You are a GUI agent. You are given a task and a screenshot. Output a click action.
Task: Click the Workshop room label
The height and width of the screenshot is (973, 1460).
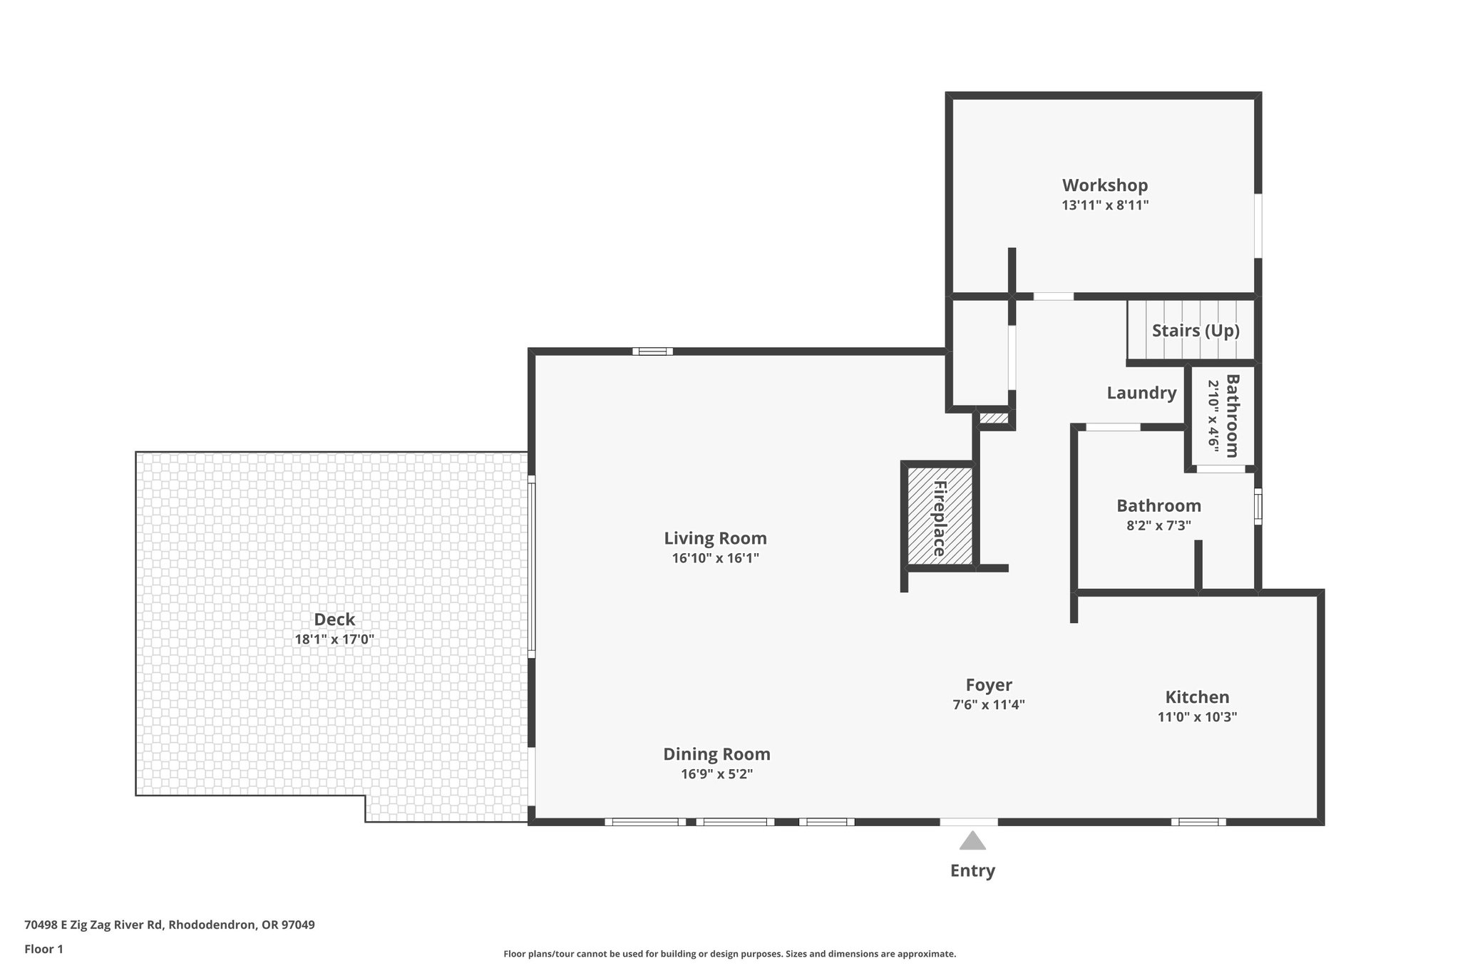[1104, 185]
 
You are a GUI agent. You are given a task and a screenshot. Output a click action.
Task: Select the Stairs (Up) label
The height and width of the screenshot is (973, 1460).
[1196, 331]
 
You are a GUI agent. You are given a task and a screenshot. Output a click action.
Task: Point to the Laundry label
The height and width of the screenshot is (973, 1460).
[1141, 393]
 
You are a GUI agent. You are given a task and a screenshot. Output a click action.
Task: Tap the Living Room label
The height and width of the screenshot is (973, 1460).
[715, 538]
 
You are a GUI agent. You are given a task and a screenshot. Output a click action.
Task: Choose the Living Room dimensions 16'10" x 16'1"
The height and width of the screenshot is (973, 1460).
[715, 558]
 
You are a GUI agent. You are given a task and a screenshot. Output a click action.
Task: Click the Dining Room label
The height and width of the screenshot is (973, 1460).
[716, 754]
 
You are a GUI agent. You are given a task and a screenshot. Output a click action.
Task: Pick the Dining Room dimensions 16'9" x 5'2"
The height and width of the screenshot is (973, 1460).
[716, 774]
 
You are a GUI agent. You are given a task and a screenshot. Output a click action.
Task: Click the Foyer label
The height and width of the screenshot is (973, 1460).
[989, 685]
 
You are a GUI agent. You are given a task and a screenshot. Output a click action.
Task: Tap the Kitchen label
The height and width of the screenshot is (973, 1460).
[1197, 697]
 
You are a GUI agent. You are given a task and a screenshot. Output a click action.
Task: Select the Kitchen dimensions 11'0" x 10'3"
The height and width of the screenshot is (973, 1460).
[1197, 717]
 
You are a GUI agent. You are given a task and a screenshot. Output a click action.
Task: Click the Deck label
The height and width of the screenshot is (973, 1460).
[334, 619]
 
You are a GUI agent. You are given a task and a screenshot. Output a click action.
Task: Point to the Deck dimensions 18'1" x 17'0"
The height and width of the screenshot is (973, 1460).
[334, 639]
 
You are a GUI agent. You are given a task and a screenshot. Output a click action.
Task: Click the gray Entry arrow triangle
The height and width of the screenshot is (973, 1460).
[972, 842]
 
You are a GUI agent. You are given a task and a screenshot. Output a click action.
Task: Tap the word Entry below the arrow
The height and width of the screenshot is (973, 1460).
[972, 870]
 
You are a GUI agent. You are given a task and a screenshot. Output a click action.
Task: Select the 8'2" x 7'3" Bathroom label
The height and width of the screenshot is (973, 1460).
[1158, 506]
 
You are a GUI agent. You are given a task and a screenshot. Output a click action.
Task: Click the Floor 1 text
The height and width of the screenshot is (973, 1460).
[43, 949]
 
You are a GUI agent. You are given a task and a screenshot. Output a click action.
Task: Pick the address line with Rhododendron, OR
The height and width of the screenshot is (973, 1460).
[169, 925]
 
